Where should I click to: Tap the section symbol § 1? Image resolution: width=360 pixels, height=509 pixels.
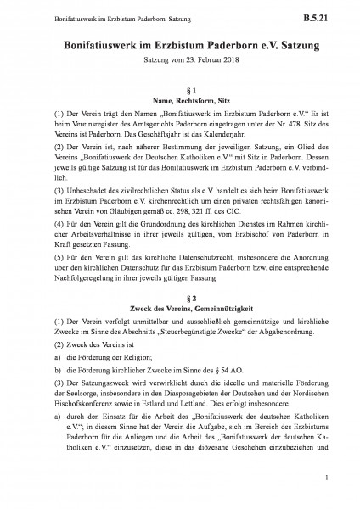pos(180,90)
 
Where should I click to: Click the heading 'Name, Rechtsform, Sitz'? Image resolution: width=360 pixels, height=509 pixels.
pos(180,102)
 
